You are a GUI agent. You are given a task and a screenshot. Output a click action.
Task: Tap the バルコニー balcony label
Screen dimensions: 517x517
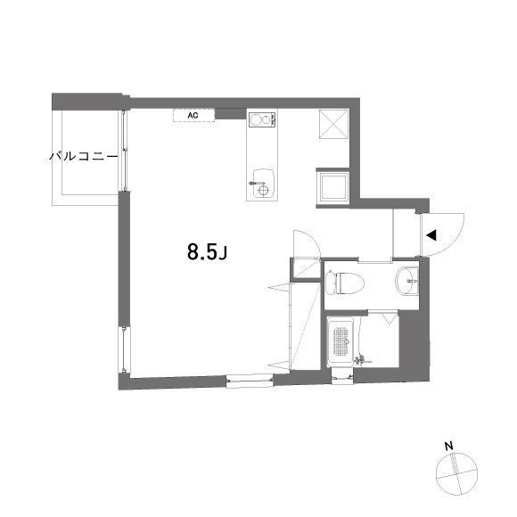click(84, 157)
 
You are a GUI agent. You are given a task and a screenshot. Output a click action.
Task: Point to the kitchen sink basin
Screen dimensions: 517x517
click(261, 176)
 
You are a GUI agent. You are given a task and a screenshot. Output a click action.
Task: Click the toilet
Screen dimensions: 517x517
click(345, 283)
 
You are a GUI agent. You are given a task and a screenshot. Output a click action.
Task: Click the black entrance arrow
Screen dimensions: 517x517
click(431, 236)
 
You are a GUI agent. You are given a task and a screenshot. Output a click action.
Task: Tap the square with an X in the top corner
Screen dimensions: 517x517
click(335, 125)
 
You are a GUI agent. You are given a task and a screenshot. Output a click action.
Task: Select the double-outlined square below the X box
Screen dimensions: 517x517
click(335, 186)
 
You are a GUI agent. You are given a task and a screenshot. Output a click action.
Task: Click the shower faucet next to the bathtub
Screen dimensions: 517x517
click(362, 359)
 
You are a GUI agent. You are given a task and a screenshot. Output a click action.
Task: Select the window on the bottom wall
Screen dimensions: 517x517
click(250, 380)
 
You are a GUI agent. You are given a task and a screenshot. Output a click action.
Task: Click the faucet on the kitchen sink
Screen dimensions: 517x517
click(262, 189)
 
